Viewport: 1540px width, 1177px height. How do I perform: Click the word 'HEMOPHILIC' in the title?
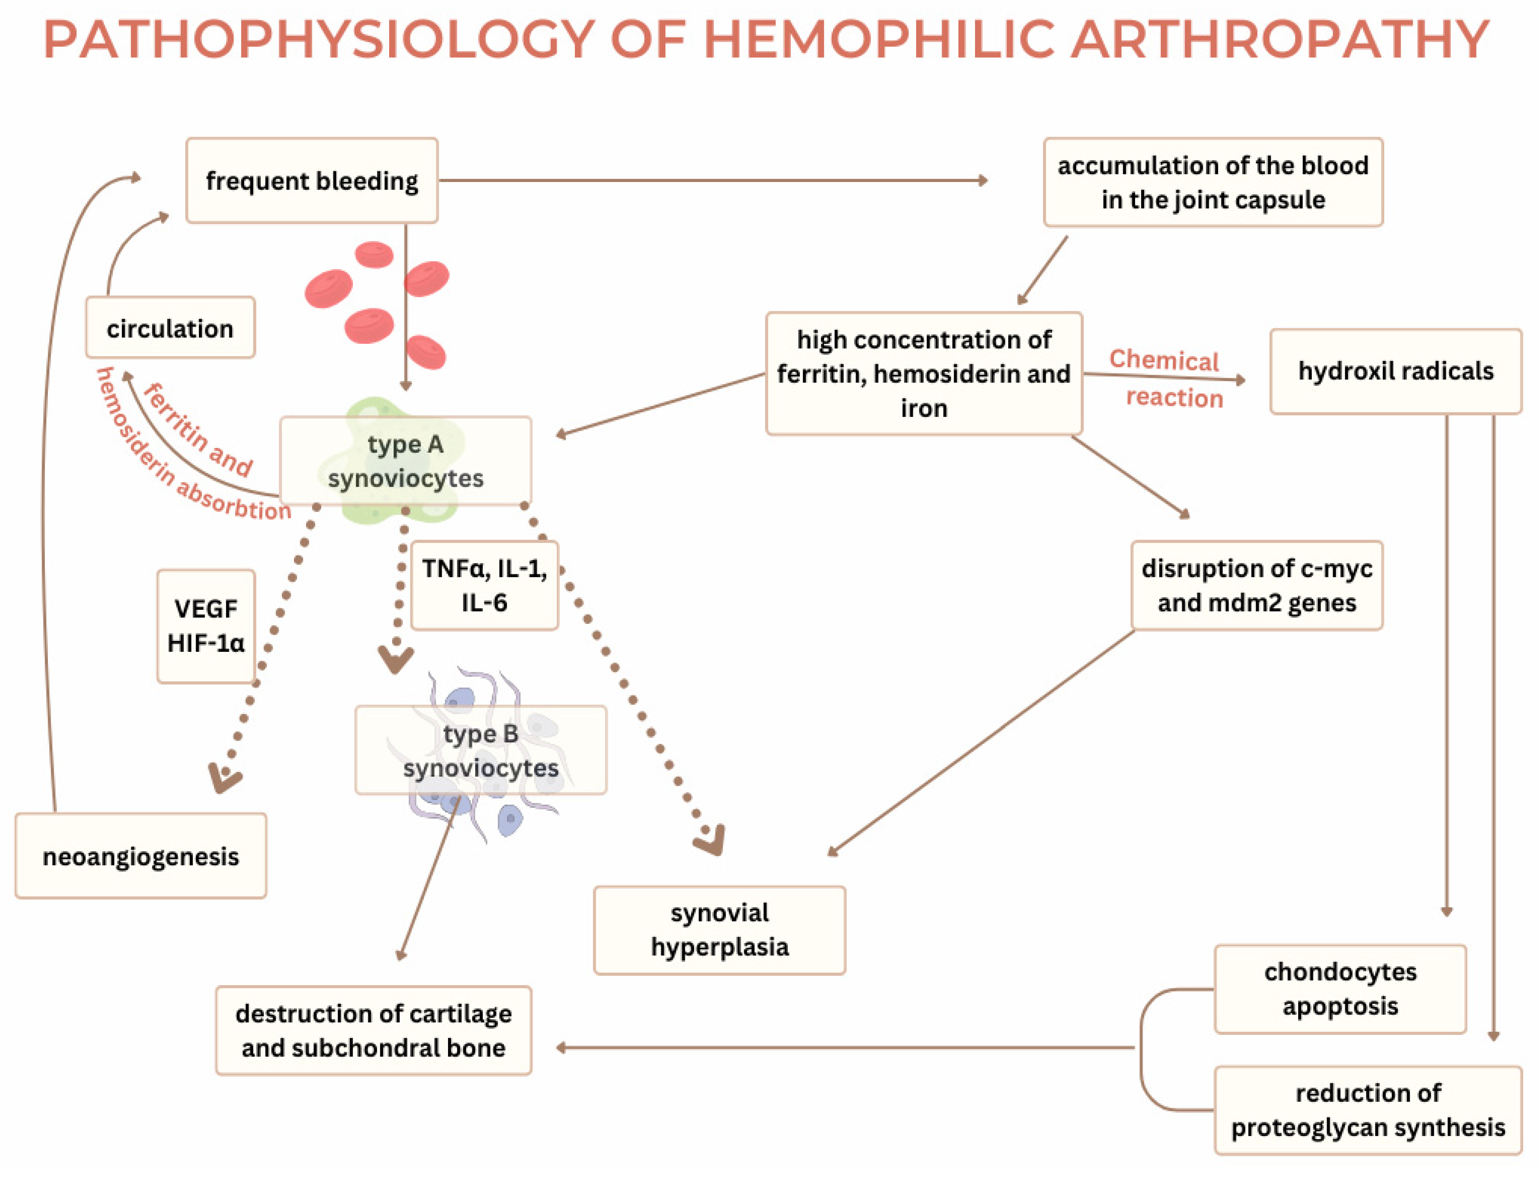tap(879, 40)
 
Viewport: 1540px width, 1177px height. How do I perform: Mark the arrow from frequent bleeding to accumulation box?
tap(711, 181)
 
